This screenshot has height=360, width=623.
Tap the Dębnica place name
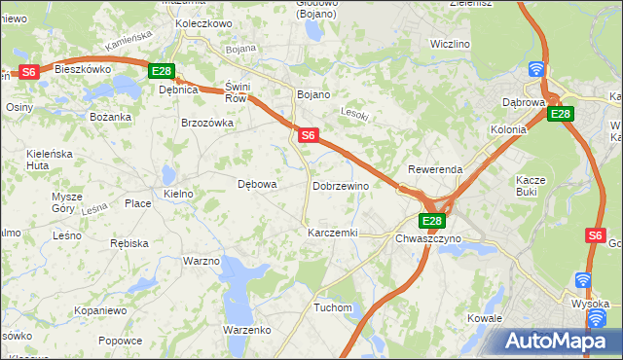[178, 90]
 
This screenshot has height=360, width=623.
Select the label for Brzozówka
[207, 124]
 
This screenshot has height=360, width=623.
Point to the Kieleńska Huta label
[51, 160]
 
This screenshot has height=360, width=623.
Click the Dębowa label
[258, 184]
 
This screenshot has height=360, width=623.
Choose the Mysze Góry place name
[67, 202]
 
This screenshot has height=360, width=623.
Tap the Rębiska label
[128, 243]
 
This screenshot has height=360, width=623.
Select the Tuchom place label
[332, 307]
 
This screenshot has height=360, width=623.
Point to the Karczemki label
[333, 234]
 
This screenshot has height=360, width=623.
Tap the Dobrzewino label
[341, 186]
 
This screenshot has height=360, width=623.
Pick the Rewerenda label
[435, 169]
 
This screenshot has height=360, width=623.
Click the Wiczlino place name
[450, 45]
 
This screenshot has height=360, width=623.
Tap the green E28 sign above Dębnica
[161, 71]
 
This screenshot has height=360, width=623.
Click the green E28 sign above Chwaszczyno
[433, 221]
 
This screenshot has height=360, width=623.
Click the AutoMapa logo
[562, 342]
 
